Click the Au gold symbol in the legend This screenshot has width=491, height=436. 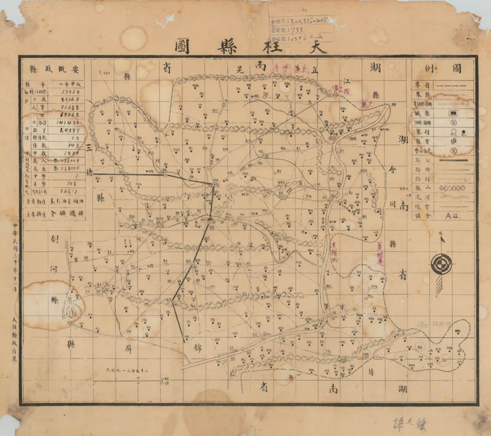pos(454,214)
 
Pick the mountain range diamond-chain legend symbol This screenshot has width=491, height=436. pos(453,187)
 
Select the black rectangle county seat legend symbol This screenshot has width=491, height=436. pos(454,113)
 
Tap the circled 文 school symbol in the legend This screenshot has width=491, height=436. pos(454,150)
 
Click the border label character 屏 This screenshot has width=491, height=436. pos(128,348)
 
